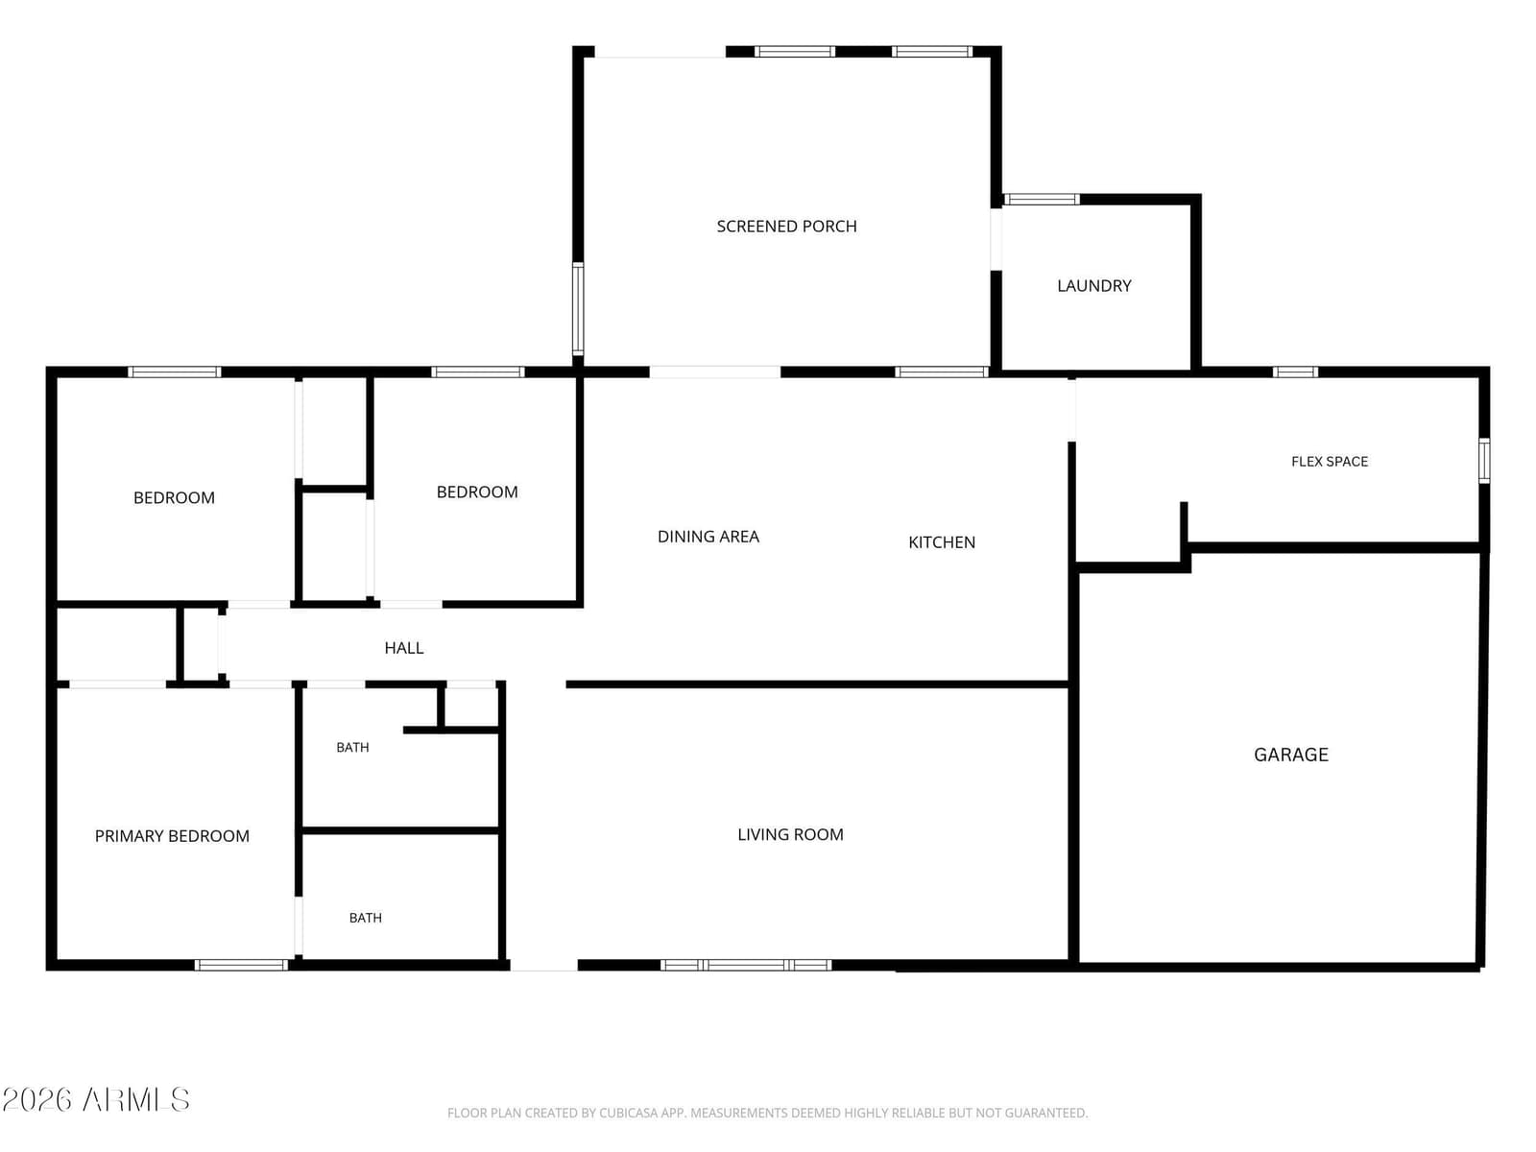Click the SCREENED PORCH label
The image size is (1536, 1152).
786,227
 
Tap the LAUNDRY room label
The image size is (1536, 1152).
1094,286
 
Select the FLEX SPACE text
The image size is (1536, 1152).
1330,462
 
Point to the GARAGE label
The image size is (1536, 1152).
1291,755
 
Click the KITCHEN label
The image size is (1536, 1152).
942,542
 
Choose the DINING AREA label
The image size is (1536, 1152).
708,538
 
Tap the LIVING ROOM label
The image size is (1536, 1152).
791,834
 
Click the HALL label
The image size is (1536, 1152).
404,648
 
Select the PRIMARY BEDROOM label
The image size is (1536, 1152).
172,836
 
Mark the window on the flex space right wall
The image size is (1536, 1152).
1484,460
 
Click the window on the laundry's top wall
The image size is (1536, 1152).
1042,200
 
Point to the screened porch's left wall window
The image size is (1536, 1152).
578,309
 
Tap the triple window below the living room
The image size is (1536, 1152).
746,965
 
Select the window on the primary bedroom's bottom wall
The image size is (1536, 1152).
241,965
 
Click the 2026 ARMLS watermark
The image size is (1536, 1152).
96,1100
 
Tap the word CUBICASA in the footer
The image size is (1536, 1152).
629,1113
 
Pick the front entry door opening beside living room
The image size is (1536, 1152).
543,966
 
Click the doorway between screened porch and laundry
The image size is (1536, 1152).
996,239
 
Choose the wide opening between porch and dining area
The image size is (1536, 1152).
715,372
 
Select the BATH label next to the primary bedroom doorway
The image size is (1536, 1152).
366,918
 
